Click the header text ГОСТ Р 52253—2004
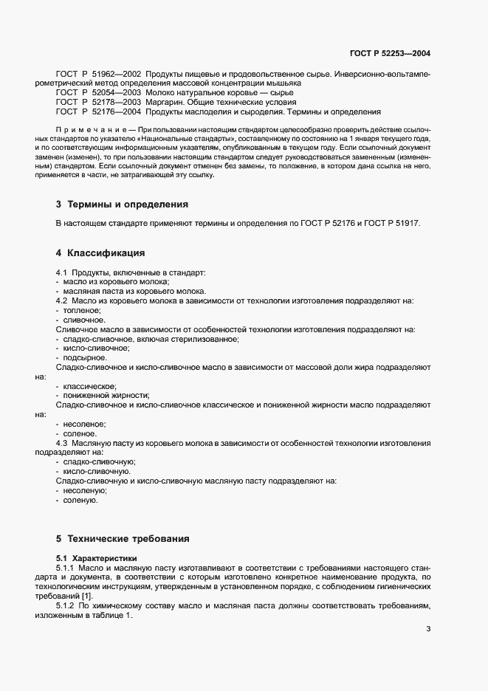(389, 54)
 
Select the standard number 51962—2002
(115, 75)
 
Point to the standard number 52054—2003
(115, 93)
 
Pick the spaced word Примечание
(94, 129)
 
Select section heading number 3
(58, 204)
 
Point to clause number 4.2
(61, 301)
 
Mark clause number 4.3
(61, 443)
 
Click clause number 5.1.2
(66, 605)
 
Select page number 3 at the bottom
(429, 629)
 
